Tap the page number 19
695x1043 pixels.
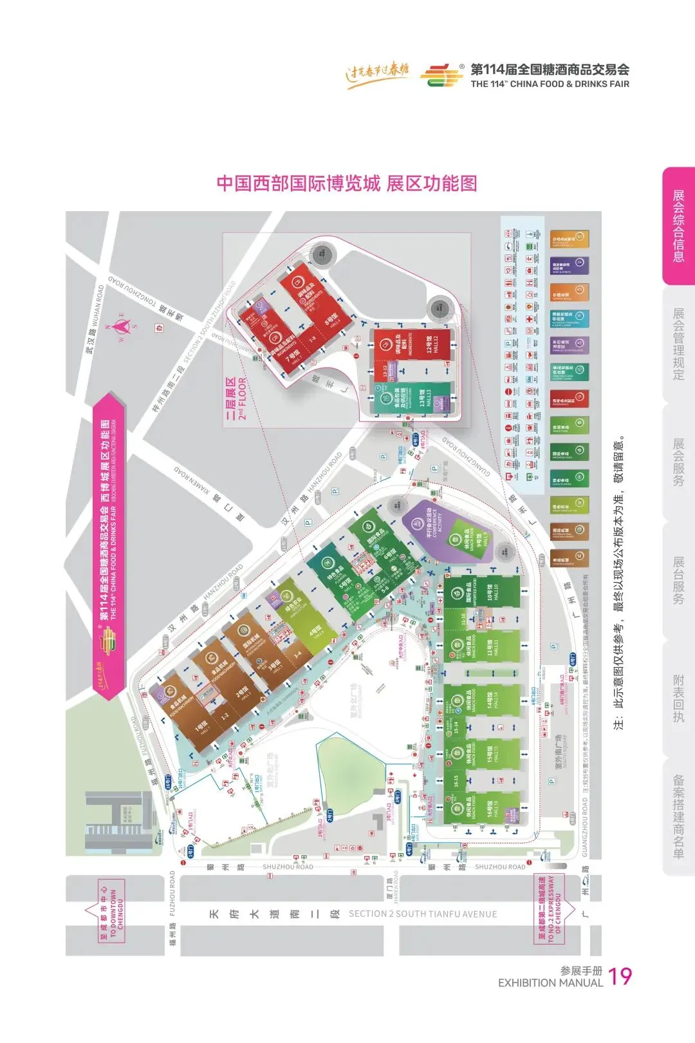point(620,976)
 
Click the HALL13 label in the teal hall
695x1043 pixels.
point(425,397)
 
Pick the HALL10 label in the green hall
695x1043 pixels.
point(493,591)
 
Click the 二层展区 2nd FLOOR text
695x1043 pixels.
point(236,399)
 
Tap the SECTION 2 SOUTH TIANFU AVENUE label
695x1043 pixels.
point(422,914)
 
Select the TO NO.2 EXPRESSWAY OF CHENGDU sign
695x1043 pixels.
point(550,908)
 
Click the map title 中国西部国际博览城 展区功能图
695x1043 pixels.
point(347,183)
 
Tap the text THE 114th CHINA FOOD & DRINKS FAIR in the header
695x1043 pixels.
point(550,84)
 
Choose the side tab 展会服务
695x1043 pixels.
point(678,462)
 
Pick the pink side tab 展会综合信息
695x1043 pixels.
point(678,225)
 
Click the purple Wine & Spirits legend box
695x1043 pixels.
point(570,266)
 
